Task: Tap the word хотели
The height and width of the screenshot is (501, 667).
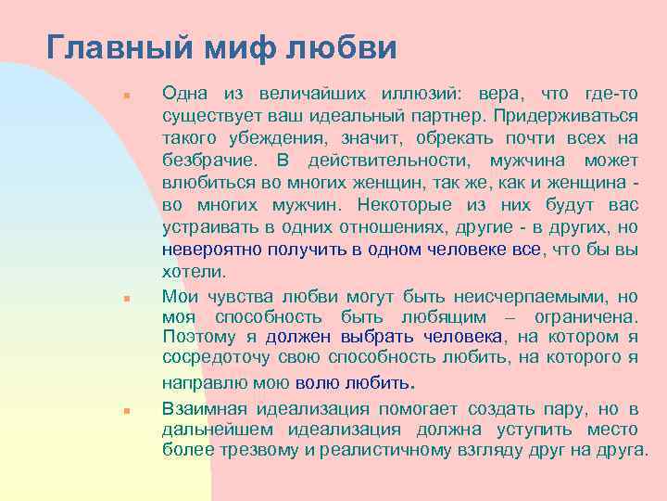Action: click(x=193, y=272)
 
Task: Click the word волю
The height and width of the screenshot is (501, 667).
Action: click(x=313, y=382)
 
